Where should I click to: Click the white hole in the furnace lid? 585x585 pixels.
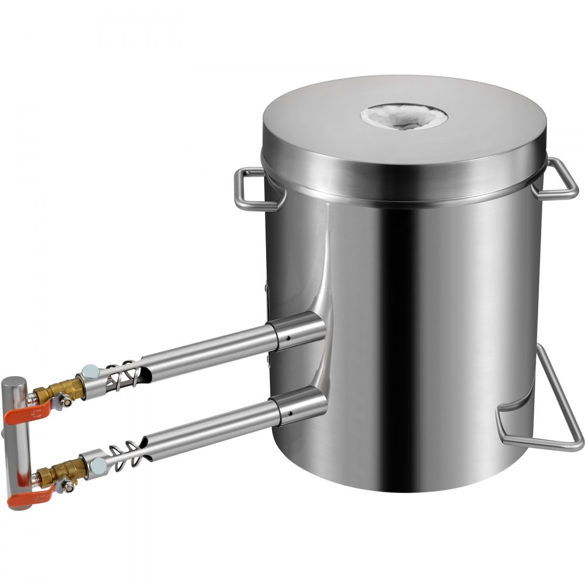click(x=404, y=116)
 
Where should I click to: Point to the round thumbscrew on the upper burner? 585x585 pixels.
click(x=91, y=371)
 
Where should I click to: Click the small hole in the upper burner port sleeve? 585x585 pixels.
click(x=287, y=338)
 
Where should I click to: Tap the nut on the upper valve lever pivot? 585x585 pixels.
click(x=66, y=402)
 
